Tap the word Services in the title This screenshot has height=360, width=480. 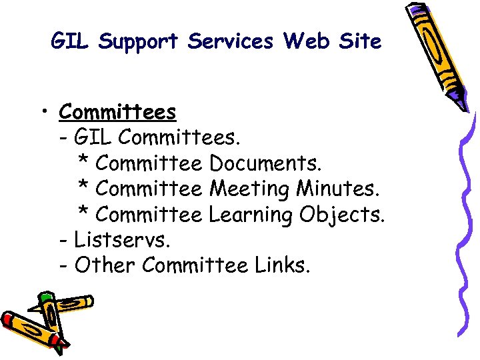coord(230,42)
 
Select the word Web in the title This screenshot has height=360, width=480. coord(306,42)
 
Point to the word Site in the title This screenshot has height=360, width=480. coord(360,42)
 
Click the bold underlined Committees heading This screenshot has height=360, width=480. coord(117,111)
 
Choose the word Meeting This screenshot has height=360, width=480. coord(249,189)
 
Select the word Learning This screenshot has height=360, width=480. coord(251,215)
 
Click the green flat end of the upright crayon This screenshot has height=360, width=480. coord(45,297)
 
